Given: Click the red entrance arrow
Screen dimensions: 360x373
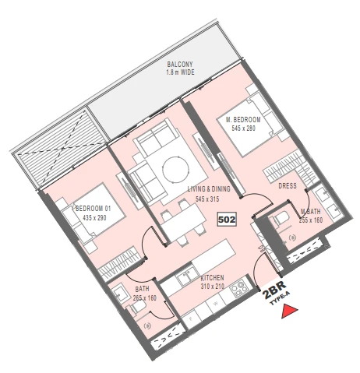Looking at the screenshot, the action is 289,311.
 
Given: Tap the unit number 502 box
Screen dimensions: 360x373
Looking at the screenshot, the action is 227,220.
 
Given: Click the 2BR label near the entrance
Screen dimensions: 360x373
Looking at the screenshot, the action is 274,290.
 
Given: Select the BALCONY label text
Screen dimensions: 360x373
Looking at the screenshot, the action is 180,64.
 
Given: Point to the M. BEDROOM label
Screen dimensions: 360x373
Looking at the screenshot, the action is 243,120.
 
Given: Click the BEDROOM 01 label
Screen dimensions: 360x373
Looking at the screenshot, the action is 93,209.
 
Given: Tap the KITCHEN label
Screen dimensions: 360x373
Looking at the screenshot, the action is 212,278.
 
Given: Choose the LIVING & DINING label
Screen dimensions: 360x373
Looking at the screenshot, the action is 209,188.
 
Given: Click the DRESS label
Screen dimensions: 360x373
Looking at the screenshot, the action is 288,186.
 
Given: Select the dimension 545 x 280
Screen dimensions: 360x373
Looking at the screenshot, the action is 244,128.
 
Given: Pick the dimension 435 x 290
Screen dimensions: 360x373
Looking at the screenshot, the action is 94,217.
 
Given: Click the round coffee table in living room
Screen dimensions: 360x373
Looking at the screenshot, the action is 175,169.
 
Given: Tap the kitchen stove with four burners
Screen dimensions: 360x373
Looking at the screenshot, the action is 239,287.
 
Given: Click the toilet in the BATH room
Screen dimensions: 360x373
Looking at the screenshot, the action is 136,307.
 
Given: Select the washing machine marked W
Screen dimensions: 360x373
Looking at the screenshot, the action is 215,303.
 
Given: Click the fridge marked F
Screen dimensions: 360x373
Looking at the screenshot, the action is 192,318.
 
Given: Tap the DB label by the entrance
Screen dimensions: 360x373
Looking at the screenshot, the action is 261,248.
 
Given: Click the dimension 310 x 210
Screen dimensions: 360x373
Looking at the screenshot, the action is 213,287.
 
